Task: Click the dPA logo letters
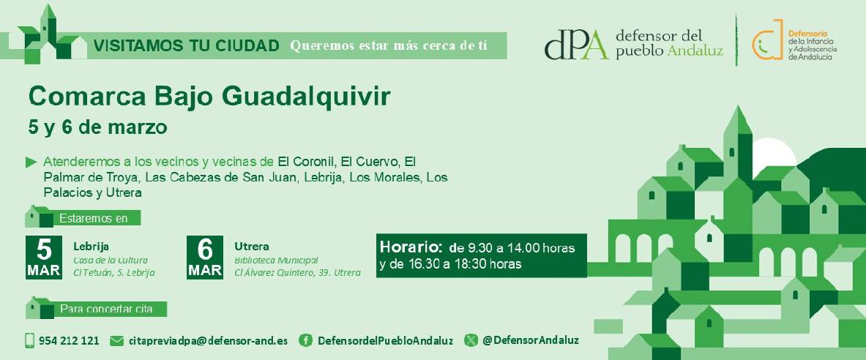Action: (x=577, y=44)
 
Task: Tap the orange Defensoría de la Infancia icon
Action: (x=768, y=40)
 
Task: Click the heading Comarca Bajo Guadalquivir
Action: (x=209, y=98)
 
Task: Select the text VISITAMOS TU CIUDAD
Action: (x=186, y=46)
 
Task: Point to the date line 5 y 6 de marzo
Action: (x=98, y=127)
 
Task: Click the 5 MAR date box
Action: (x=44, y=258)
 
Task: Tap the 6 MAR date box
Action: (x=205, y=258)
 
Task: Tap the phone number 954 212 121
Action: (x=69, y=341)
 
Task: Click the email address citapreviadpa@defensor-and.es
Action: (x=208, y=341)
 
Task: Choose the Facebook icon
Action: (x=305, y=340)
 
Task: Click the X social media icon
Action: (x=471, y=340)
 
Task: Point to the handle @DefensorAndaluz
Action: (x=531, y=341)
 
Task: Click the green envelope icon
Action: (x=116, y=341)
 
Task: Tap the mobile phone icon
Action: (x=30, y=341)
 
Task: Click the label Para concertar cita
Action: (x=106, y=310)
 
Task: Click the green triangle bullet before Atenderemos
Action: (x=31, y=162)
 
